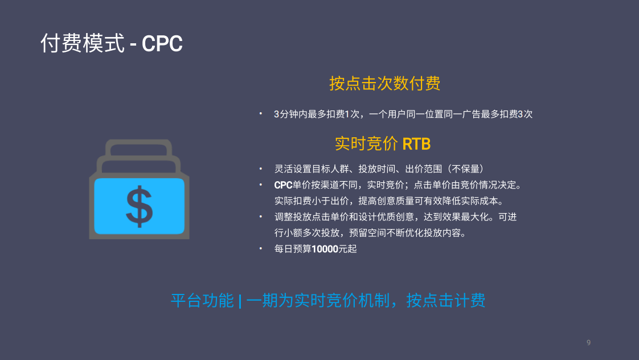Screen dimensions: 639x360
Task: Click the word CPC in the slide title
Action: point(162,44)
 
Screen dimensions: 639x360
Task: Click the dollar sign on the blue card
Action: point(140,206)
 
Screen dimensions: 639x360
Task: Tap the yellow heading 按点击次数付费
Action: point(384,83)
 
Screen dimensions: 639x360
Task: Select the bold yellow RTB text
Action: point(416,144)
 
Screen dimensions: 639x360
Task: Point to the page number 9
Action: point(588,342)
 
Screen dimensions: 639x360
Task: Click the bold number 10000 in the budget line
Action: point(325,249)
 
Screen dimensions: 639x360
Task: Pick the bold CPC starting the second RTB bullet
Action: point(283,185)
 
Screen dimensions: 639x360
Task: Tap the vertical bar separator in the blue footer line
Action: point(240,301)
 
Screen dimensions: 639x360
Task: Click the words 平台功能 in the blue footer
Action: point(202,301)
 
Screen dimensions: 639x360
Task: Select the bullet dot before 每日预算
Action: point(261,248)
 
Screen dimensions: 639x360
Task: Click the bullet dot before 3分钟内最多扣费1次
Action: point(261,113)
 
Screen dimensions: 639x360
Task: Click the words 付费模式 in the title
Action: point(83,43)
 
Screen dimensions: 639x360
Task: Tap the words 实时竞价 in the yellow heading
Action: point(366,144)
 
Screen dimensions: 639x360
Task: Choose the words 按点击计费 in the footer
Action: point(445,301)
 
